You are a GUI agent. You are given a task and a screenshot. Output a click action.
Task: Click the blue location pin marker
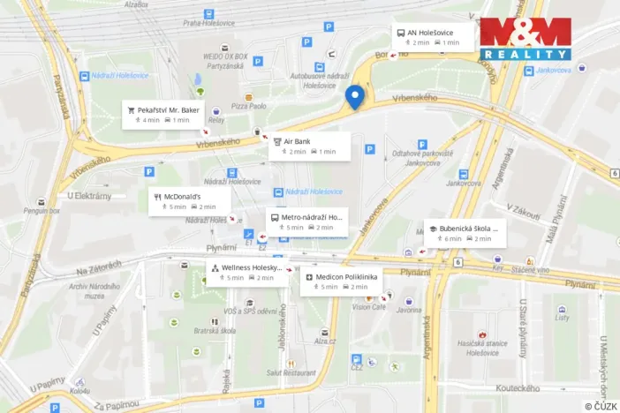point(355,97)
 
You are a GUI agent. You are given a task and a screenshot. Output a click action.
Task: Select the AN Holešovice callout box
point(433,37)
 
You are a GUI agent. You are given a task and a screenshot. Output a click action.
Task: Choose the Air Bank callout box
point(309,146)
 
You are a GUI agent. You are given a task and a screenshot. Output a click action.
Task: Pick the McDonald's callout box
point(190,201)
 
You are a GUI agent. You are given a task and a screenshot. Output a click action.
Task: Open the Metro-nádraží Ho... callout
point(306,222)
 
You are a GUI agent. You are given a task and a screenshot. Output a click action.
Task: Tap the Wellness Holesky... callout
point(247,272)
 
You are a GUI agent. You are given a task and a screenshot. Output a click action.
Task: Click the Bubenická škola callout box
point(465,233)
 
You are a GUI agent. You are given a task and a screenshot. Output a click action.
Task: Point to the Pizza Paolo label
point(248,106)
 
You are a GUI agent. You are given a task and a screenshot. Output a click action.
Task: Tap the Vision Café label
point(369,307)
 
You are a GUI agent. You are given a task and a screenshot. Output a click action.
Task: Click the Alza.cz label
point(325,340)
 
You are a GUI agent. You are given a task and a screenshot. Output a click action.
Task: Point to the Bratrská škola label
point(215,331)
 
